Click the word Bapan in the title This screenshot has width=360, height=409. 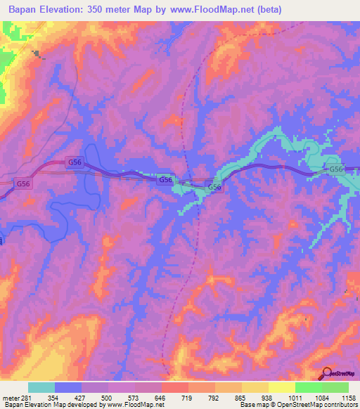23,9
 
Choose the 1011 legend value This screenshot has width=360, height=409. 296,398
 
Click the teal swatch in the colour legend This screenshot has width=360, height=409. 41,387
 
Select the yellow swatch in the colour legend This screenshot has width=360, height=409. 281,387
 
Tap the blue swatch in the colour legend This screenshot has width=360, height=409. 68,387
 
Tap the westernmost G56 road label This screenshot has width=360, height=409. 23,183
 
